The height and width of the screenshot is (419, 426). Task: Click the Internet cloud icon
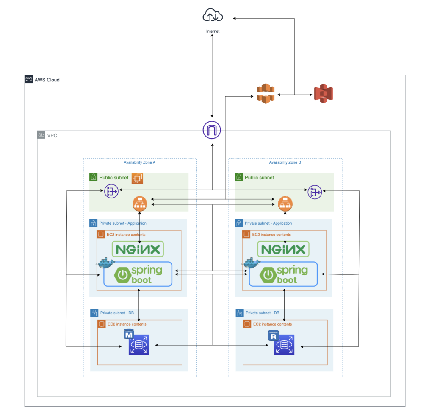[213, 16]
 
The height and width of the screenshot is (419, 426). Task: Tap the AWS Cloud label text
[47, 80]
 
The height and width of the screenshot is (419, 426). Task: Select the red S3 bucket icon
[323, 94]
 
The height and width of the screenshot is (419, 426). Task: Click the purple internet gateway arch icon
[212, 130]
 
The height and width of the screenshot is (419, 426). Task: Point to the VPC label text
[52, 136]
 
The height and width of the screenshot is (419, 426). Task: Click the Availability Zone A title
[139, 162]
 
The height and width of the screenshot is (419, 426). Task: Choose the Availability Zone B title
[285, 162]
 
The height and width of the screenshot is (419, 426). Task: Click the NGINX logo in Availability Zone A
[138, 249]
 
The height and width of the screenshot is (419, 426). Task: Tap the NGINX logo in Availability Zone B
[283, 249]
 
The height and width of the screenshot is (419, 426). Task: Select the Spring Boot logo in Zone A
[138, 274]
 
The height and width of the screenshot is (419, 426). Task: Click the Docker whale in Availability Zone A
[106, 264]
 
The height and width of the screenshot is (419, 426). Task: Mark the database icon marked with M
[138, 344]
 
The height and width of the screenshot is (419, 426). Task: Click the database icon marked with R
[284, 344]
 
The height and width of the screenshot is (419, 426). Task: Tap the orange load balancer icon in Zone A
[139, 204]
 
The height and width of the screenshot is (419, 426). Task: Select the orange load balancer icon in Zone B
[285, 204]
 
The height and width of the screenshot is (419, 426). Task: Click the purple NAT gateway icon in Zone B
[315, 192]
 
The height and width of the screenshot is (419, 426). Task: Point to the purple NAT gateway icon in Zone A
[111, 191]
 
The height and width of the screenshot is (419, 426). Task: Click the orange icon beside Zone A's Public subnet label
[137, 179]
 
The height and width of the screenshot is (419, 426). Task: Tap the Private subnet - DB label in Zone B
[263, 313]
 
